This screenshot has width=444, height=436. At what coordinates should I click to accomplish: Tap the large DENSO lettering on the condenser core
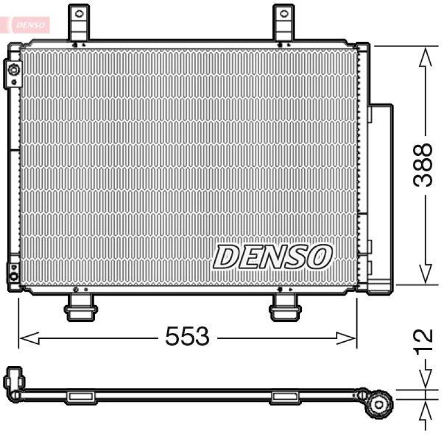tap(273, 256)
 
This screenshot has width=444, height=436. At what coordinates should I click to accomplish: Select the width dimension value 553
tap(187, 337)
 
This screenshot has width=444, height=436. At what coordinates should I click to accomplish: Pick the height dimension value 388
tap(425, 165)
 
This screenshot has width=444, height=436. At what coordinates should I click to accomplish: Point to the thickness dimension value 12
tap(425, 343)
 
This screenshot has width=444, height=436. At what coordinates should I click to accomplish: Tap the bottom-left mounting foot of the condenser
tap(81, 308)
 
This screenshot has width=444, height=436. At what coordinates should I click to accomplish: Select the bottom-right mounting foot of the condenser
tap(285, 308)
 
